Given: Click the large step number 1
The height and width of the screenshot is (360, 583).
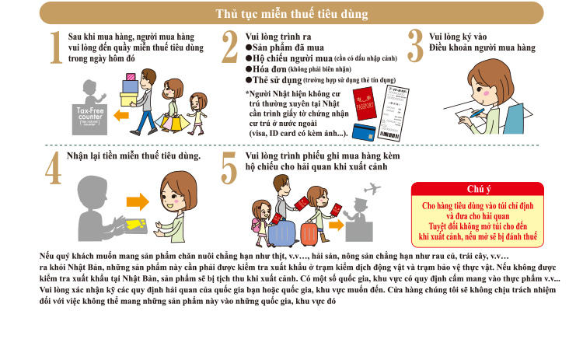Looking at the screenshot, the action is (x=56, y=47).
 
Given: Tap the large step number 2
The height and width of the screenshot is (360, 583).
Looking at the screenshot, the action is (x=230, y=47).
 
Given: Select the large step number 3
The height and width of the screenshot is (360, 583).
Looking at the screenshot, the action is (x=415, y=46).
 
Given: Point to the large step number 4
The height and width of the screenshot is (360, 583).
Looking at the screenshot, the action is (x=53, y=168).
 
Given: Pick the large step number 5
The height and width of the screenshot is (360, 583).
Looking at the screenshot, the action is (x=229, y=168).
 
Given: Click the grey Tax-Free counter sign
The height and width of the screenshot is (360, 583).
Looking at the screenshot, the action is (x=89, y=120).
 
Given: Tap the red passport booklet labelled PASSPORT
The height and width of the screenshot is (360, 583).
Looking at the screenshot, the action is (x=365, y=103).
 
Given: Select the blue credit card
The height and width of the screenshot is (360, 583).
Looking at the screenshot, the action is (x=364, y=132).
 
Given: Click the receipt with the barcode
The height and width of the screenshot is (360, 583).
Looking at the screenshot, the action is (x=393, y=113).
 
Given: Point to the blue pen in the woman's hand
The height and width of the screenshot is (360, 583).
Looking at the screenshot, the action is (x=477, y=113).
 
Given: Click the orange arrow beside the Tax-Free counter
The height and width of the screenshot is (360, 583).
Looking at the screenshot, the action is (x=121, y=115).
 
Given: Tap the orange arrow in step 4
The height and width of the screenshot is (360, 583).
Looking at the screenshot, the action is (x=138, y=202).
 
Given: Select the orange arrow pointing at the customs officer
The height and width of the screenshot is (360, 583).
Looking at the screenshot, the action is (x=336, y=225).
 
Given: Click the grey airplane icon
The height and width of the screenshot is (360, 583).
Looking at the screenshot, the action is (x=372, y=189).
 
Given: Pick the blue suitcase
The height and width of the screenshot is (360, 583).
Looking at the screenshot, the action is (x=282, y=234).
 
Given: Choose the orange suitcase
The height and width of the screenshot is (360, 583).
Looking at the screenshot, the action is (x=309, y=235).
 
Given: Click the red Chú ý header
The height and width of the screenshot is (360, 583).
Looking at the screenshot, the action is (x=478, y=189).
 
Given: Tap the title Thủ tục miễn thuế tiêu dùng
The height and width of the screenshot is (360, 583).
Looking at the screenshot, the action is (x=291, y=14).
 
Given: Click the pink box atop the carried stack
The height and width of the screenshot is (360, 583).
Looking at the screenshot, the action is (x=131, y=77).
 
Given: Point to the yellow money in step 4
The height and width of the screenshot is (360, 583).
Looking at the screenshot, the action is (x=136, y=224).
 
